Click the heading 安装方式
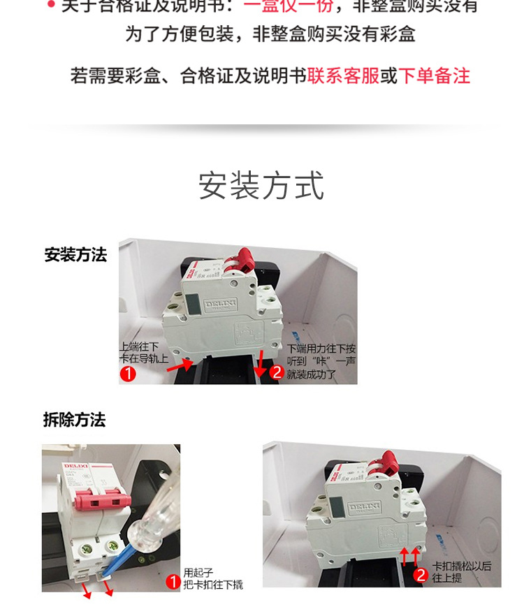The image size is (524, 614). point(261,186)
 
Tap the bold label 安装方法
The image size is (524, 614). point(75,255)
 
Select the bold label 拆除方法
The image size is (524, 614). point(74,420)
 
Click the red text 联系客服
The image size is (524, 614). point(343,76)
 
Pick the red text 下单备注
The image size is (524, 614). point(434,76)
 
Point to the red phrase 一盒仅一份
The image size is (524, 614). point(289,7)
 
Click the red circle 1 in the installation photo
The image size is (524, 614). point(127,374)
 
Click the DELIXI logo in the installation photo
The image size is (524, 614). point(223,305)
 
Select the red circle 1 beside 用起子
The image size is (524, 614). point(173,580)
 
